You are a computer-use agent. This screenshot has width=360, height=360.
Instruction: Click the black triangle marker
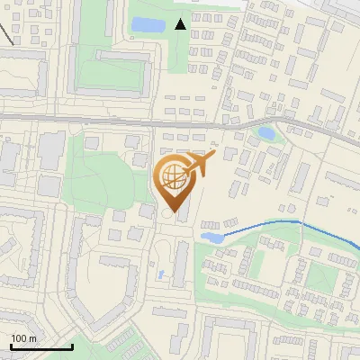pyautogui.click(x=181, y=24)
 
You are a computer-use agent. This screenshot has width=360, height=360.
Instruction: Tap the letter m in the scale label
pyautogui.click(x=32, y=338)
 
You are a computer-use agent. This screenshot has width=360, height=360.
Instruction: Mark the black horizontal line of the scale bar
pyautogui.click(x=40, y=346)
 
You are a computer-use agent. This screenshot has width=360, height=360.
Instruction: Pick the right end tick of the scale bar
pyautogui.click(x=72, y=345)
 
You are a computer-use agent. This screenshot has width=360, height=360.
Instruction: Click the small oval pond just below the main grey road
pyautogui.click(x=266, y=133)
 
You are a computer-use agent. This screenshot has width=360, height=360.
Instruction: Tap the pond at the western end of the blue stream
pyautogui.click(x=211, y=238)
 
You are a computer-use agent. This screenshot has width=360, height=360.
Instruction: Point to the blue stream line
pyautogui.click(x=270, y=223)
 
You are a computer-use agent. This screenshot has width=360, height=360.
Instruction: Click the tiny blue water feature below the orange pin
pyautogui.click(x=161, y=274)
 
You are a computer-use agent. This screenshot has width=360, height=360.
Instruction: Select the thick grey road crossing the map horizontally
pyautogui.click(x=90, y=118)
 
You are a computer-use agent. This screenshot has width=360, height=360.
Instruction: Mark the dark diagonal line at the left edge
pyautogui.click(x=5, y=34)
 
